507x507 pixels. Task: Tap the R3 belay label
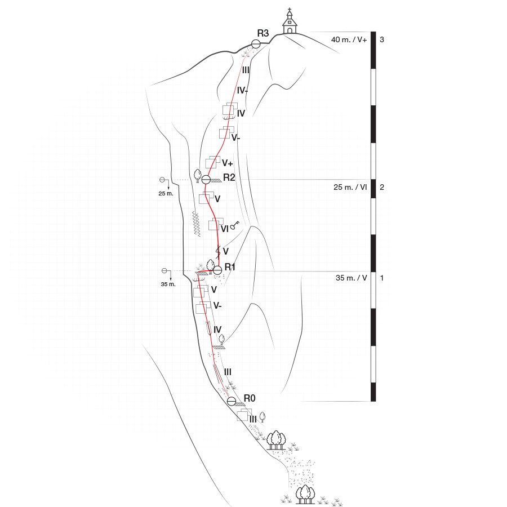pyautogui.click(x=263, y=33)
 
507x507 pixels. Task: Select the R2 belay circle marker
pyautogui.click(x=206, y=179)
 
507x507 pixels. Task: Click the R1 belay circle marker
pyautogui.click(x=217, y=270)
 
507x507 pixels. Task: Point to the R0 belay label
pyautogui.click(x=250, y=398)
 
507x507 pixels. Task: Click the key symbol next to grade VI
pyautogui.click(x=235, y=225)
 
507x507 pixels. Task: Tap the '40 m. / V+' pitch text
pyautogui.click(x=349, y=40)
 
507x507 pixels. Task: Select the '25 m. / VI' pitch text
pyautogui.click(x=350, y=187)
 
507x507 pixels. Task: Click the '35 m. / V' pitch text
pyautogui.click(x=351, y=278)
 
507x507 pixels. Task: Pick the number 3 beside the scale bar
pyautogui.click(x=382, y=39)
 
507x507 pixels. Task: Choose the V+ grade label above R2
pyautogui.click(x=228, y=163)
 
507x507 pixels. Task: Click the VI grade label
pyautogui.click(x=224, y=229)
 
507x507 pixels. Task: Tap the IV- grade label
pyautogui.click(x=242, y=91)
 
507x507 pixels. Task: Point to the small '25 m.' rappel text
pyautogui.click(x=166, y=194)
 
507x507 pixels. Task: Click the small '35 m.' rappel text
pyautogui.click(x=168, y=284)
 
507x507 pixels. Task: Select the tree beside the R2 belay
pyautogui.click(x=198, y=176)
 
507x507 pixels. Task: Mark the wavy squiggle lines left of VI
pyautogui.click(x=196, y=224)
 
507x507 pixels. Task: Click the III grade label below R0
pyautogui.click(x=253, y=419)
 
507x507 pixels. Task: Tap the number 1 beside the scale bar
pyautogui.click(x=382, y=278)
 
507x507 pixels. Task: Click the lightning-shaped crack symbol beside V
pyautogui.click(x=218, y=252)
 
